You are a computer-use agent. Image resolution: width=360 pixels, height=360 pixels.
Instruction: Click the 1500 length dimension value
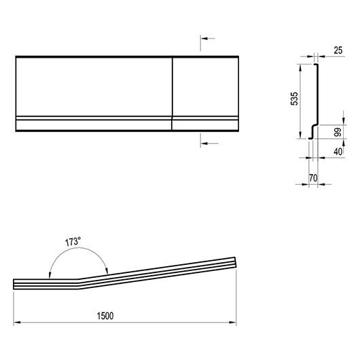[x=105, y=316]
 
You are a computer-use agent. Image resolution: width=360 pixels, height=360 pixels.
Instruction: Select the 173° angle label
[x=73, y=242]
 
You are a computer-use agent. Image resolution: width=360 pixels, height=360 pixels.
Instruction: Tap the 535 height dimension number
[x=294, y=98]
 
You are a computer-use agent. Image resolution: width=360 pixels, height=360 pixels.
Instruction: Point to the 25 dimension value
[x=338, y=50]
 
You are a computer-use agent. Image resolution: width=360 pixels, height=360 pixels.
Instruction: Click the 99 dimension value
[x=338, y=132]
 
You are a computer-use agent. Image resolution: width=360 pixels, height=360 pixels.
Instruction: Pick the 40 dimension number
[x=338, y=151]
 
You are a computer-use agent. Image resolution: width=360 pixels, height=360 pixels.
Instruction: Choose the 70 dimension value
[x=313, y=178]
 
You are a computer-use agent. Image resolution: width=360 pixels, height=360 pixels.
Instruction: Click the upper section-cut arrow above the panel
[x=208, y=38]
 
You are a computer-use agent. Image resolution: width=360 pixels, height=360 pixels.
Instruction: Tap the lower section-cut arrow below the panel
[x=209, y=143]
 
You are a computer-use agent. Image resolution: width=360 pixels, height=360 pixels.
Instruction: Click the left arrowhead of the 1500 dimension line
[x=16, y=323]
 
